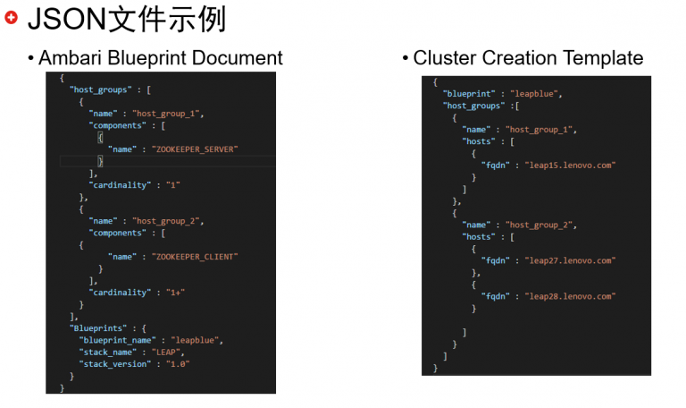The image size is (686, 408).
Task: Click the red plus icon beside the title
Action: (11, 17)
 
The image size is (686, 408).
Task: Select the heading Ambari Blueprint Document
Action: (161, 58)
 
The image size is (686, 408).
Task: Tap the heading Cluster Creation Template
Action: (528, 58)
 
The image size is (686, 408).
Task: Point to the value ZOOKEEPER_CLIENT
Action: (197, 257)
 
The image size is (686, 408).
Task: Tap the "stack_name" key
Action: (108, 353)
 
